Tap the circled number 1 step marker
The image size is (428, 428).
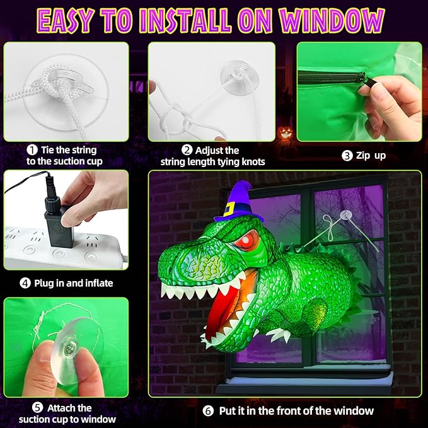32,150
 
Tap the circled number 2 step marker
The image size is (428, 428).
187,150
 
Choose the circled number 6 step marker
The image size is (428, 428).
209,410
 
